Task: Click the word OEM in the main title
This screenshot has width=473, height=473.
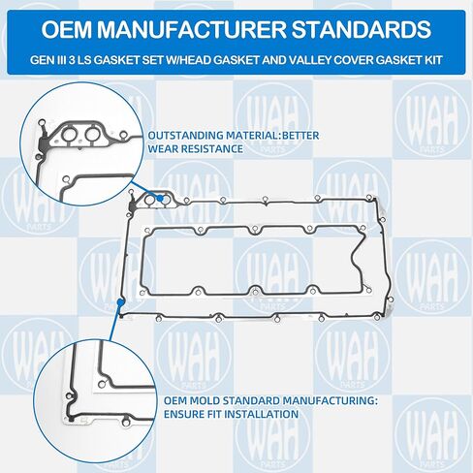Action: (x=66, y=29)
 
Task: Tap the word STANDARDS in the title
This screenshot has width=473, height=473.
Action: (x=362, y=29)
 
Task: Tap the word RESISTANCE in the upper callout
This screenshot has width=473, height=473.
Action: (x=211, y=149)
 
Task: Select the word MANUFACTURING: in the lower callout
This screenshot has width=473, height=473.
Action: (x=331, y=401)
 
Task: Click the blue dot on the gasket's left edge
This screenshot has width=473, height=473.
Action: (x=120, y=302)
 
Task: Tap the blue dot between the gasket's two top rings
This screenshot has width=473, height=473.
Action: (x=160, y=199)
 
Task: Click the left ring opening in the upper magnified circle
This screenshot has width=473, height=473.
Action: (x=71, y=135)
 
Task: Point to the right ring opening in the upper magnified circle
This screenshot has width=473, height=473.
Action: (x=93, y=135)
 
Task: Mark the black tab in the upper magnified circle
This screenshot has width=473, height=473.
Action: (x=43, y=143)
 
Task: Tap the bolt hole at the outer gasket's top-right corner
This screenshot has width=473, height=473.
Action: (x=369, y=197)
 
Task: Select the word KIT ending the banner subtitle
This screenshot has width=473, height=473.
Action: (x=434, y=60)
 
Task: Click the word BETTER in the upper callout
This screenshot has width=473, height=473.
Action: (x=300, y=136)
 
